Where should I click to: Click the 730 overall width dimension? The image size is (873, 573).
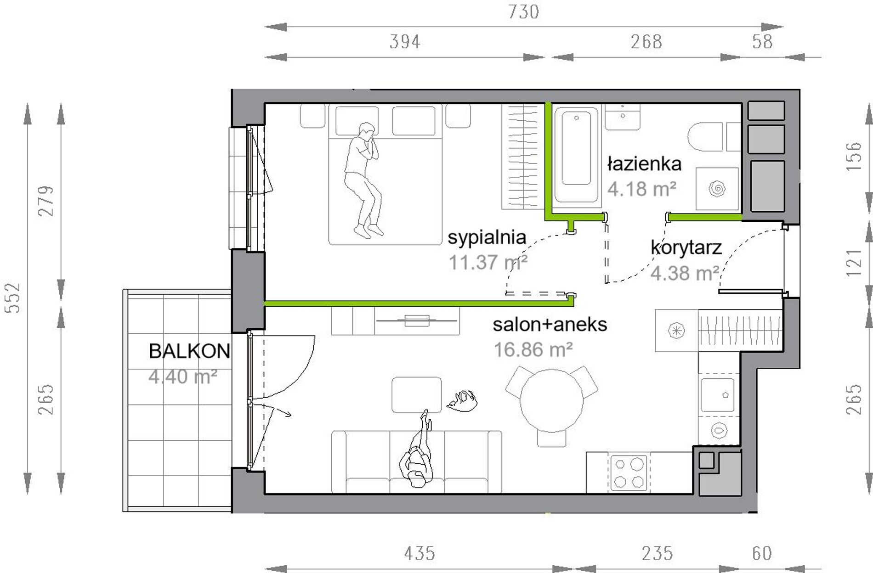point(524,11)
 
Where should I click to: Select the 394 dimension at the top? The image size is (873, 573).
point(405,42)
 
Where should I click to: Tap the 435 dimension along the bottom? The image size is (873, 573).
point(419,553)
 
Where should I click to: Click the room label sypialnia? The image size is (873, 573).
point(487,238)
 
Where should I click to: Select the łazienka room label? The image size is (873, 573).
point(644,163)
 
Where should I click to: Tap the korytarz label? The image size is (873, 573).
point(686,247)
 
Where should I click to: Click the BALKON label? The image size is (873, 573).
point(189,351)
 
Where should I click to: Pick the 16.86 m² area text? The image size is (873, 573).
point(533,350)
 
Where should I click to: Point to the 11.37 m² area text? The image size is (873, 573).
point(488,263)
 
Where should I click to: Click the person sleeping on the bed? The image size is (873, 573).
point(363,179)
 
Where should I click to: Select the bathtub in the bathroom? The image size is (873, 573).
point(577,154)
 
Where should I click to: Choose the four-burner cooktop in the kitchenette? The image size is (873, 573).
point(629,473)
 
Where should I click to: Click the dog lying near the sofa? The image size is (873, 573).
point(463,400)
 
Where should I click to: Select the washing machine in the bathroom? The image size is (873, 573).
point(717,189)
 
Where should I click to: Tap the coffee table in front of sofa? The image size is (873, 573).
point(416,395)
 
